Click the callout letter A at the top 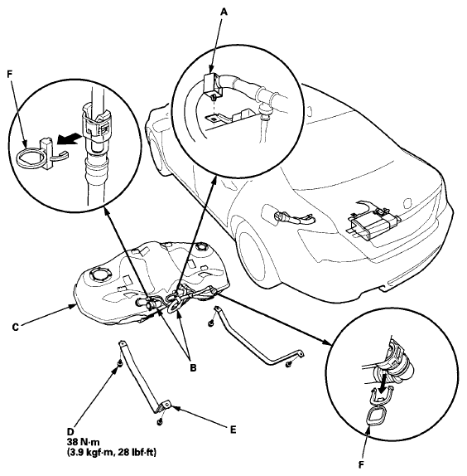(x=224, y=12)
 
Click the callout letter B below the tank (x=193, y=367)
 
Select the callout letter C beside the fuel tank (x=16, y=328)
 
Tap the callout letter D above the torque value (x=70, y=432)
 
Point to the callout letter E (x=233, y=430)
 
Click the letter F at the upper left (x=10, y=75)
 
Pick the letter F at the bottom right (x=361, y=464)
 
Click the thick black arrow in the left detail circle (x=70, y=140)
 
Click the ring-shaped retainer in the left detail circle (x=28, y=158)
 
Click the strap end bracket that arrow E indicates (x=166, y=406)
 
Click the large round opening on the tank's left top (x=100, y=274)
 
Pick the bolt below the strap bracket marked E (x=159, y=421)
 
